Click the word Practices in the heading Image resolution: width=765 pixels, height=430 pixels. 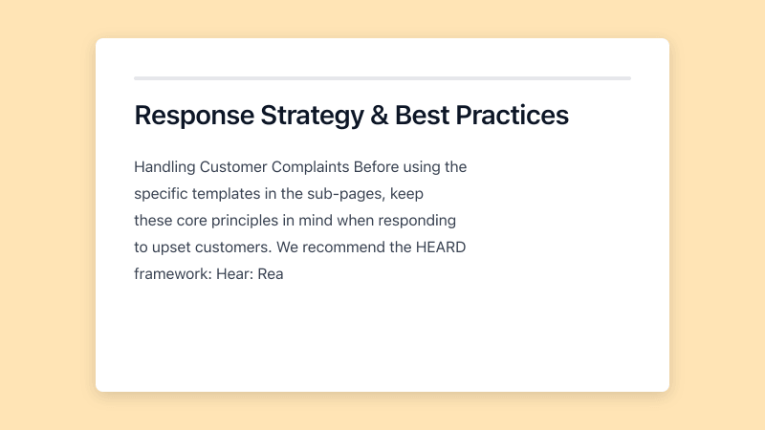[513, 116]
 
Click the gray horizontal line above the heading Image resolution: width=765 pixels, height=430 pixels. [382, 78]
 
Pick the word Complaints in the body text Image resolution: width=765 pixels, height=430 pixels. [311, 167]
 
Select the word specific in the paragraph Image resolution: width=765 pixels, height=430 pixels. [162, 194]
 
